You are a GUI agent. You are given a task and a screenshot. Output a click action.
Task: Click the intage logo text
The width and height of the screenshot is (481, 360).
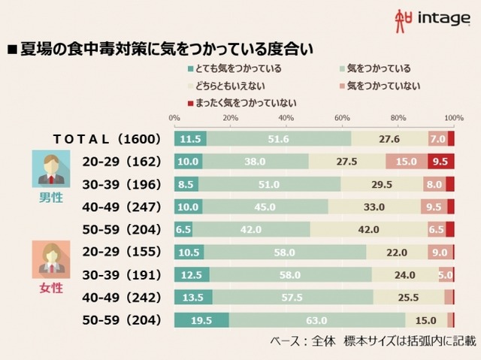443,18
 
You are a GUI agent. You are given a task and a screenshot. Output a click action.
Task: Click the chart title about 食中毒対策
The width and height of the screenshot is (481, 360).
161,50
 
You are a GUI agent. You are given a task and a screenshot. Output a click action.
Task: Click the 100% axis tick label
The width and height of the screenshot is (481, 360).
453,118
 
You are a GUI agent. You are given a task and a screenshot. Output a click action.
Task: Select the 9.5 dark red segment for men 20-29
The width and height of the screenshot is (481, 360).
441,162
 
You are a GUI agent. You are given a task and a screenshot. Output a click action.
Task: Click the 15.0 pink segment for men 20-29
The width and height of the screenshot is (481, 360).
407,162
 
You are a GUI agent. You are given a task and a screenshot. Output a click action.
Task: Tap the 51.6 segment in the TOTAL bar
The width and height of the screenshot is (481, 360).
279,139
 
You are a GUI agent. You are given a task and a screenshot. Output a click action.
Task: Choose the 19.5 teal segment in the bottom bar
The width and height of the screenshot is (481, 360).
201,321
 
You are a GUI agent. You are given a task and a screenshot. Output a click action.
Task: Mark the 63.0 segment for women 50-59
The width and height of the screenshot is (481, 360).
316,321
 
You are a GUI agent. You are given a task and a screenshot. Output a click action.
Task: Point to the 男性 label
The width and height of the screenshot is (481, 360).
50,198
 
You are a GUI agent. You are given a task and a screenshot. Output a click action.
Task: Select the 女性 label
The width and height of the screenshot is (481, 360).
50,288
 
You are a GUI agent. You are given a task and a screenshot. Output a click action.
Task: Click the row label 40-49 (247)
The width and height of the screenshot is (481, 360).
119,207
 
